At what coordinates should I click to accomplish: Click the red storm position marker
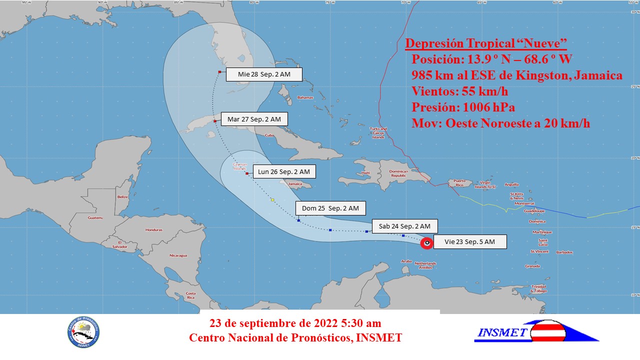coord(426,243)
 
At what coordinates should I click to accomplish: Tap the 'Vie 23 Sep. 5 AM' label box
coord(469,242)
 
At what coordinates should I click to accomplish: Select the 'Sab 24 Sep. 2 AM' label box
coord(405,226)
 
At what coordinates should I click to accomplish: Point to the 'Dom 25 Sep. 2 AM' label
coord(330,208)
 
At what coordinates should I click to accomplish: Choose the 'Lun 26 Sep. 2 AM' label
coord(284,172)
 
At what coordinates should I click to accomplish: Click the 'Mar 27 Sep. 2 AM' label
coord(254,119)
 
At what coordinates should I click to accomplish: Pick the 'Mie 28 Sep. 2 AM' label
coord(264,74)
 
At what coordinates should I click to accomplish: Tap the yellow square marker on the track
coord(272,200)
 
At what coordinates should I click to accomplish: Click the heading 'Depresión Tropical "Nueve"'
coord(485,43)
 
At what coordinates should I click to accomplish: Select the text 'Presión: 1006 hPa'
coord(463,107)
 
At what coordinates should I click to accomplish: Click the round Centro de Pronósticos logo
coord(83,332)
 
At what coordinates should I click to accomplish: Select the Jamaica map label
coord(295,184)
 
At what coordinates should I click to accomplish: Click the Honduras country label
coord(153,230)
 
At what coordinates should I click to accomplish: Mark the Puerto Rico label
coord(459,180)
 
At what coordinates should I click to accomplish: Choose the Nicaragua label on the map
coord(178,255)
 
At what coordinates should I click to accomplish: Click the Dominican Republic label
coord(398,174)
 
